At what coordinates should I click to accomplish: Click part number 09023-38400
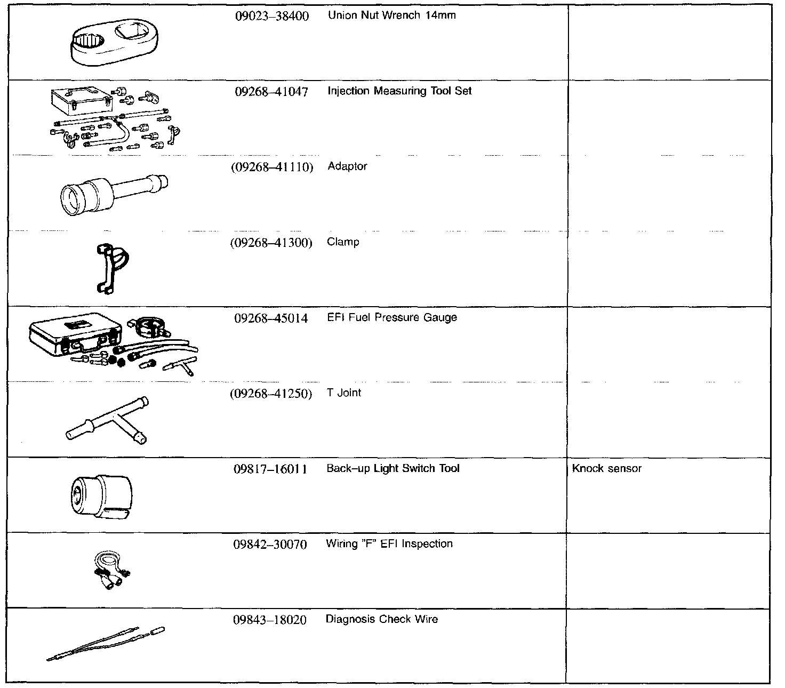[271, 16]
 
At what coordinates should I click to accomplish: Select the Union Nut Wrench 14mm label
[391, 15]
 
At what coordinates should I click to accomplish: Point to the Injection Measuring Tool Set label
[399, 91]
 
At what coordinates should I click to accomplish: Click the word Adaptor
[347, 166]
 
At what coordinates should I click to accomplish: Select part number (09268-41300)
[271, 243]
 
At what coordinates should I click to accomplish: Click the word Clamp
[343, 242]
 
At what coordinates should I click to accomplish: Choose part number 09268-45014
[271, 318]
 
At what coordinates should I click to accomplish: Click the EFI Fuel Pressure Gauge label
[391, 318]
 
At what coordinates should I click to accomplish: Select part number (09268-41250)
[271, 394]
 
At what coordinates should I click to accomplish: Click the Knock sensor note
[606, 469]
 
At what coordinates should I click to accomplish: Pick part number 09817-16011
[270, 469]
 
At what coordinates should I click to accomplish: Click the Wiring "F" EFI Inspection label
[389, 544]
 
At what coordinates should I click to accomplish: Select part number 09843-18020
[270, 620]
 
